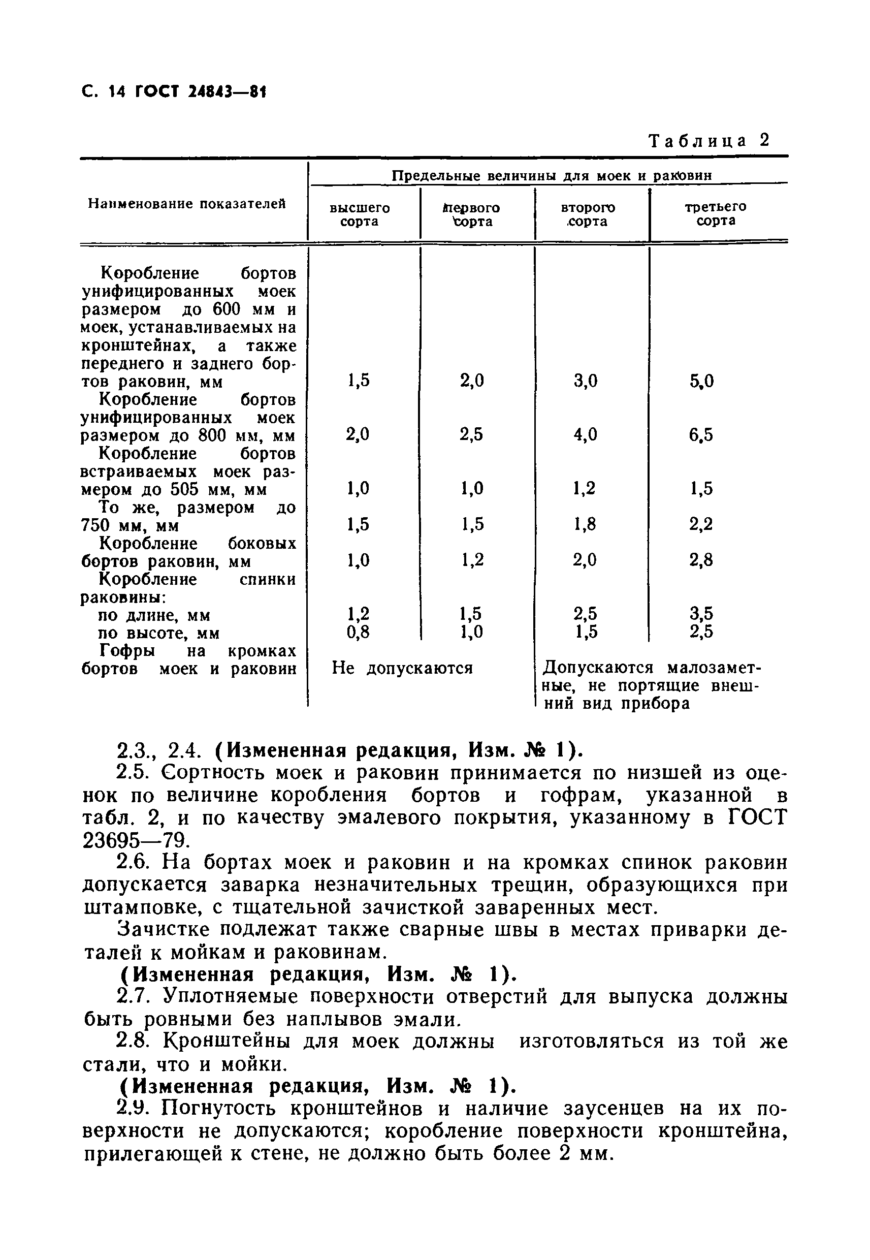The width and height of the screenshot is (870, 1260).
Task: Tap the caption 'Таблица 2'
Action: point(708,141)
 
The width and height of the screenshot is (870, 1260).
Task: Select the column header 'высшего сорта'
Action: point(360,214)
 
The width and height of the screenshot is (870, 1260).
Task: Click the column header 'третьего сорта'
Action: point(715,213)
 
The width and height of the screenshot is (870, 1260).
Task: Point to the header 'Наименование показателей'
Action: point(187,204)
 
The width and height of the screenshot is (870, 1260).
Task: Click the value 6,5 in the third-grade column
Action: point(700,435)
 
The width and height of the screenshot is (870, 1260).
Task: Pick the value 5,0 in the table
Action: point(701,381)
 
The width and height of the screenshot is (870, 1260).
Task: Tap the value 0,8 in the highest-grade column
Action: point(358,632)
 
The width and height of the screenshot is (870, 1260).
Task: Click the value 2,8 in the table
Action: point(700,560)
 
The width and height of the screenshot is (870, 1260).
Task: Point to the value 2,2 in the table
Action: point(700,524)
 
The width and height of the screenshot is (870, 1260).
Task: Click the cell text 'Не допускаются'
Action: point(402,668)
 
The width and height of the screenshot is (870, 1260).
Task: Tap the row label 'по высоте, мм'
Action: point(158,633)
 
